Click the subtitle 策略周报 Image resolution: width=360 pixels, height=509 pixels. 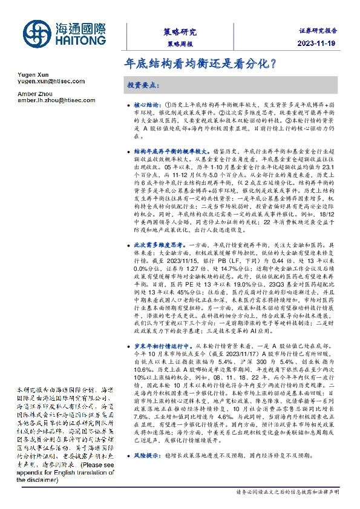point(180,45)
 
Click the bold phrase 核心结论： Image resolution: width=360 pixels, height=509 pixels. point(148,105)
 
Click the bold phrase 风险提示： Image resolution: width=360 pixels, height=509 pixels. point(148,468)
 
